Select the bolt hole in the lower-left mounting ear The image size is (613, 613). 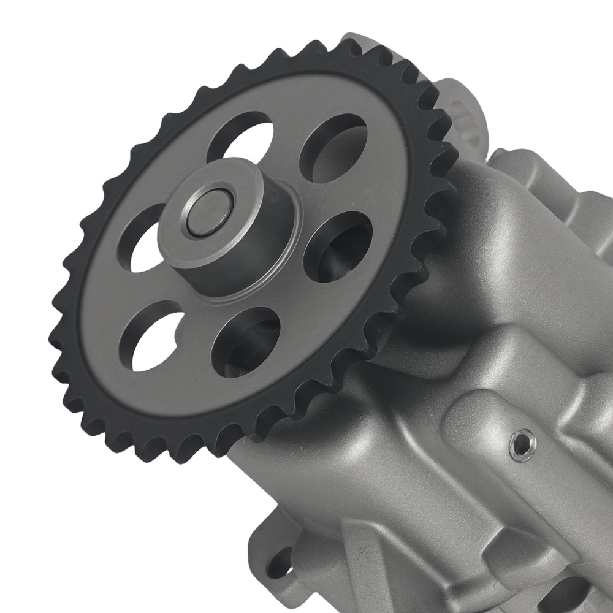click(281, 563)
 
